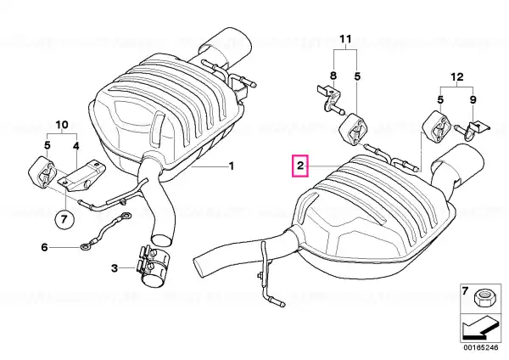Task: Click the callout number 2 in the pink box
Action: point(300,166)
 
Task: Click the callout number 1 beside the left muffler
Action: point(232,166)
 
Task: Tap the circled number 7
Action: point(64,219)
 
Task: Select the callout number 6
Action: point(44,247)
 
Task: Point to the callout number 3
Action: point(115,268)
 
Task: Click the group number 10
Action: point(62,125)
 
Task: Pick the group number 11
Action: point(345,39)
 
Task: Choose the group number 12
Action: point(456,77)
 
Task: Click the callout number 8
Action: point(333,76)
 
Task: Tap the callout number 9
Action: point(473,99)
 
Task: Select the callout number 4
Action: point(76,146)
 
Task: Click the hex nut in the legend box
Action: point(483,299)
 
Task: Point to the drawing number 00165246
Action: point(480,347)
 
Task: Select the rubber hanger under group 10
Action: point(44,173)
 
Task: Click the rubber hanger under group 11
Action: point(353,128)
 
